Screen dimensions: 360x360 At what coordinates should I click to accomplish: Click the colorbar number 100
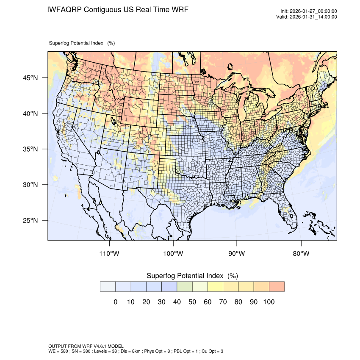pos(269,302)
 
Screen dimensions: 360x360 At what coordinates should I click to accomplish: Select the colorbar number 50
pos(192,302)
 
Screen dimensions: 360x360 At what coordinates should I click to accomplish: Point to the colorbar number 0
pos(116,302)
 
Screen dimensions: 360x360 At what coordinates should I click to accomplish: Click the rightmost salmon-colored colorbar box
pos(277,286)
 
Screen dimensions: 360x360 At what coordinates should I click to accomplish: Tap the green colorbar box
pos(185,286)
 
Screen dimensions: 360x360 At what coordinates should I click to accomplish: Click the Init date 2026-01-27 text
pos(309,11)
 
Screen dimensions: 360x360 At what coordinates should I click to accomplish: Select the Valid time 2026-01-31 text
pos(309,17)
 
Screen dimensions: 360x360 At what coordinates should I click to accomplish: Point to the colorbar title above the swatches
pos(192,276)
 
